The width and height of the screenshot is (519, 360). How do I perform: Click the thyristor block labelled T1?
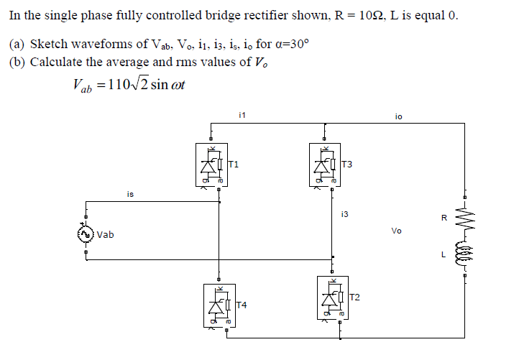pos(210,165)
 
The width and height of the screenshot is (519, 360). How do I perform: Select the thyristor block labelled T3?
pos(323,165)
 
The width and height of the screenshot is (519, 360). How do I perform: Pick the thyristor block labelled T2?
pos(332,297)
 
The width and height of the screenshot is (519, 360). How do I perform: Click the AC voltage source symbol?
pos(86,234)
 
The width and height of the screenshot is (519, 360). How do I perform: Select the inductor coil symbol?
pos(464,254)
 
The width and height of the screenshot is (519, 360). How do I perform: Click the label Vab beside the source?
pos(106,235)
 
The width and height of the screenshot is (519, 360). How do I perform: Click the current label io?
pos(399,116)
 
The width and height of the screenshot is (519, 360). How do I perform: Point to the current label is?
pos(129,194)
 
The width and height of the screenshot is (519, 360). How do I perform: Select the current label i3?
pos(345,213)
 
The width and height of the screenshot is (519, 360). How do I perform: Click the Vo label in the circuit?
pos(397,231)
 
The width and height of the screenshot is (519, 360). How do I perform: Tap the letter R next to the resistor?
pos(444,218)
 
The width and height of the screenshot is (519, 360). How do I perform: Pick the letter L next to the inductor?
pos(444,254)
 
